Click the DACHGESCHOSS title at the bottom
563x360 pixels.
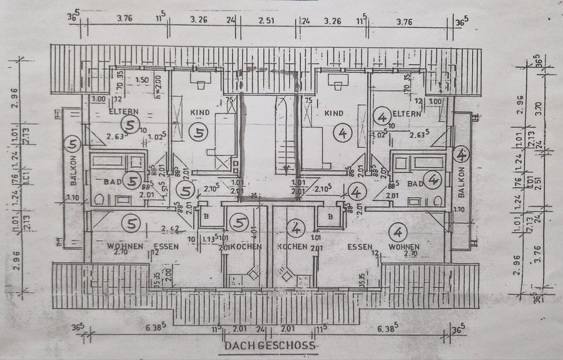pos(270,346)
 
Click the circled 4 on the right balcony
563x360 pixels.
pos(462,155)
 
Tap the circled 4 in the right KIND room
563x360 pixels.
pos(342,133)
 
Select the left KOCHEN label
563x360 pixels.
pos(246,247)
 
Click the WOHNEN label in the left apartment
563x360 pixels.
pos(125,246)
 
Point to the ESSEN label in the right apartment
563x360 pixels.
pos(360,247)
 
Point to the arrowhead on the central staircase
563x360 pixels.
pos(286,170)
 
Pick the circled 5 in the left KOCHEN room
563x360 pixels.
pos(238,223)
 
